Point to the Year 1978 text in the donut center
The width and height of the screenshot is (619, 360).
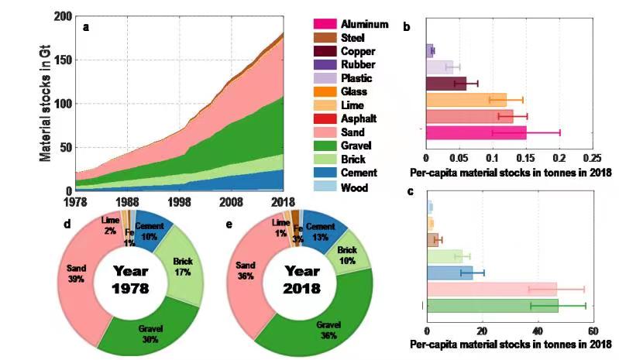pyautogui.click(x=130, y=280)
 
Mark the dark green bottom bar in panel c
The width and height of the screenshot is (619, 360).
pyautogui.click(x=493, y=306)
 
